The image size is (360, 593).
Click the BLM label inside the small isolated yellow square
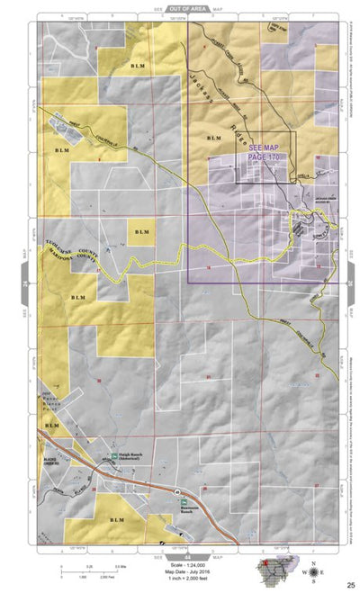coord(141,233)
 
